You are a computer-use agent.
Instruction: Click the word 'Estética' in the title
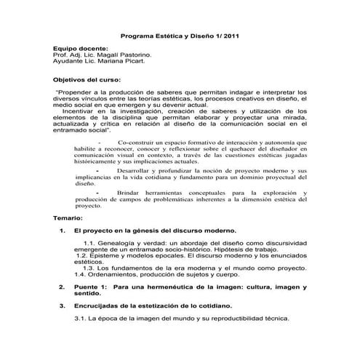point(168,35)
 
